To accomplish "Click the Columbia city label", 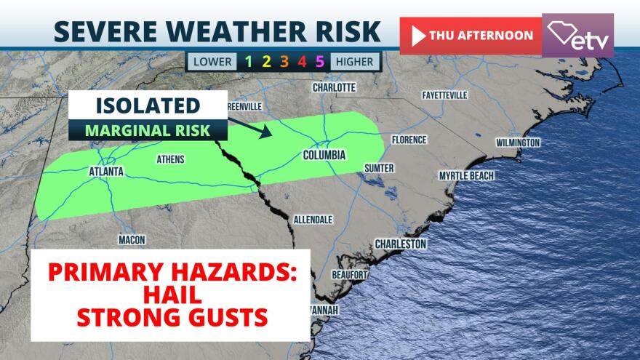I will click(324, 155).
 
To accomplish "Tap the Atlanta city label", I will click(105, 172).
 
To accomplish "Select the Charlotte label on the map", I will click(334, 87).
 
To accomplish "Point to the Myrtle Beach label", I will click(466, 176).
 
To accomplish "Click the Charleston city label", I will click(400, 244).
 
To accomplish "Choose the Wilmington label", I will click(518, 143).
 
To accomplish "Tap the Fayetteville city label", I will click(444, 95).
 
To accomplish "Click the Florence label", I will click(409, 140).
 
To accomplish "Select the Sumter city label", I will click(379, 169).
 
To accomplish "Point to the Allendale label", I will click(313, 219).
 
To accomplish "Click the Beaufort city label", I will click(349, 275).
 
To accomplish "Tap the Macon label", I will click(132, 240).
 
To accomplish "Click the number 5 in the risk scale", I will click(319, 62).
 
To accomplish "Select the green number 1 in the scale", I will click(249, 62).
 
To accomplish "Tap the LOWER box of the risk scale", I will click(212, 62).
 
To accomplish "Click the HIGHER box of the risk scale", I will click(355, 62).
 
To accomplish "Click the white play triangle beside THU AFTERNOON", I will click(418, 36).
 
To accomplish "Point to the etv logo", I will click(577, 36).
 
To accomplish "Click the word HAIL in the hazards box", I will click(170, 295).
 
